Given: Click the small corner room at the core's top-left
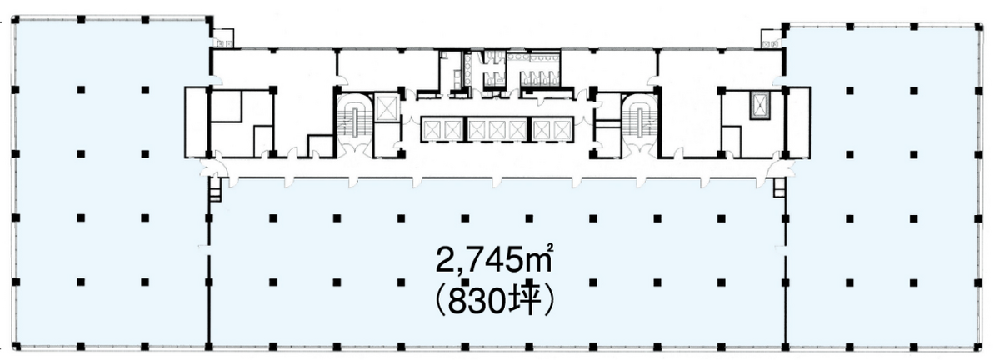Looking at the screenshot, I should [x=222, y=38].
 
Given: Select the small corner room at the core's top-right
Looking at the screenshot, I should [x=772, y=38].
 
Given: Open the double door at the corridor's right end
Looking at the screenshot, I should [x=777, y=166].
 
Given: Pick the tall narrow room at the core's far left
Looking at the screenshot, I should [x=195, y=121].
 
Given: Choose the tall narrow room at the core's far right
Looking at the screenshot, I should [x=797, y=121].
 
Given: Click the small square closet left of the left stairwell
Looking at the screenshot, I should [x=320, y=145].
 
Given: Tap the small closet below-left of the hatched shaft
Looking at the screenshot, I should [x=732, y=140].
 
